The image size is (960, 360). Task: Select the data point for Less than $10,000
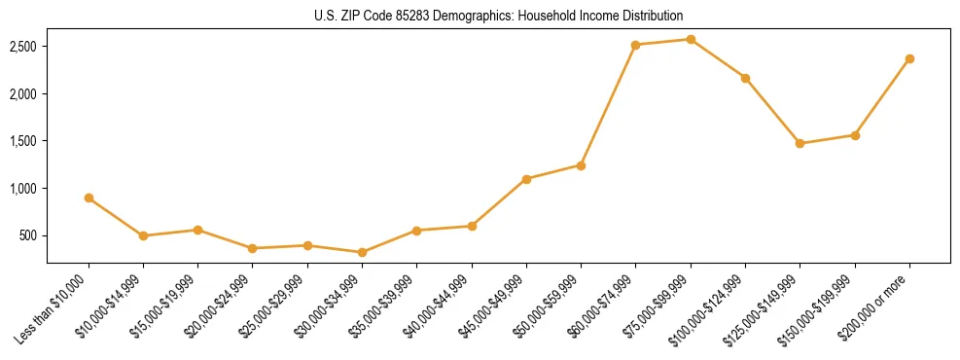tap(89, 198)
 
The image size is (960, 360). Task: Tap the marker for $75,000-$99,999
tap(691, 39)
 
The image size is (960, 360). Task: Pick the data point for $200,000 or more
tap(909, 58)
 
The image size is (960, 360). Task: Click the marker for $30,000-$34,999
tap(362, 252)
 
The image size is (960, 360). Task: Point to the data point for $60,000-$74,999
tap(635, 45)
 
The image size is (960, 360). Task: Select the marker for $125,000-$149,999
tap(800, 143)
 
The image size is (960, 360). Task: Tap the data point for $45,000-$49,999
tap(526, 179)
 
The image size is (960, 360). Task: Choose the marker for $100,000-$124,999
tap(745, 78)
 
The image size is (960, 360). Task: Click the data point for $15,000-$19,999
tap(197, 230)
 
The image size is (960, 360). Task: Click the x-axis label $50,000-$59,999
tap(551, 304)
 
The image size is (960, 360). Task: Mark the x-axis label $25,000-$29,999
tap(276, 304)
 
